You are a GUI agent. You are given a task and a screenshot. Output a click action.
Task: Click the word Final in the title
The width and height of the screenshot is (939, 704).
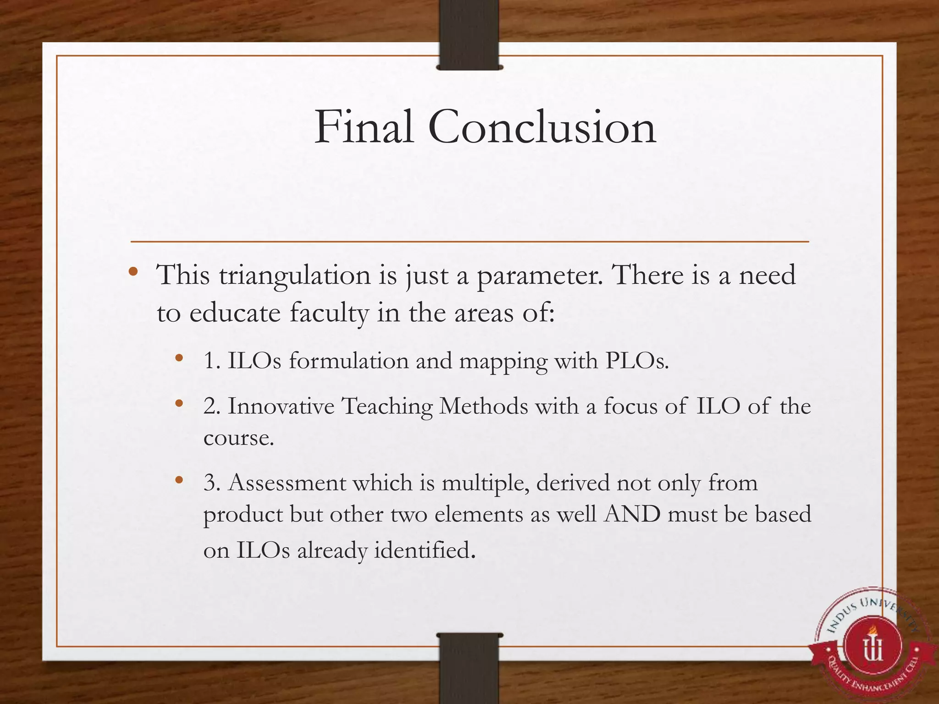pos(364,127)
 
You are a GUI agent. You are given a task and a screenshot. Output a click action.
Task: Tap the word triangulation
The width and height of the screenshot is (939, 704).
pos(295,276)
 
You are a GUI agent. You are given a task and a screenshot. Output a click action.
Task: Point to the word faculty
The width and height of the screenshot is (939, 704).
pos(329,313)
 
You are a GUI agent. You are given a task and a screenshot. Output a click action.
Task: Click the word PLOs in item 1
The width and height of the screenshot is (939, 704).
pos(637,361)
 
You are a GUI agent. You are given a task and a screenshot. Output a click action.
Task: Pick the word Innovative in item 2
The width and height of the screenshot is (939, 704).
pos(281,406)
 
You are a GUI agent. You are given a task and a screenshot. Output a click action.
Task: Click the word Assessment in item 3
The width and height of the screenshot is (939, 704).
pos(287,483)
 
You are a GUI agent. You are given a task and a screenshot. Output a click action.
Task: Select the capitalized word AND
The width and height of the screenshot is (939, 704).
pos(632,514)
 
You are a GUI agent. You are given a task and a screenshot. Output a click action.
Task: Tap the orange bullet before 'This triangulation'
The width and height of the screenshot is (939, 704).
pos(133,272)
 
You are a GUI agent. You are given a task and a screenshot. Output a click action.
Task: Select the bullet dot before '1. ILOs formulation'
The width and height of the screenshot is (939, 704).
pos(179,358)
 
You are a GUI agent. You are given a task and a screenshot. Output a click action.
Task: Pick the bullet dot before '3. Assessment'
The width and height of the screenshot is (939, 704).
pos(179,480)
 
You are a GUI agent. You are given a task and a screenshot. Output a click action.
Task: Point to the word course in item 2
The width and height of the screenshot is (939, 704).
pos(238,438)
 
